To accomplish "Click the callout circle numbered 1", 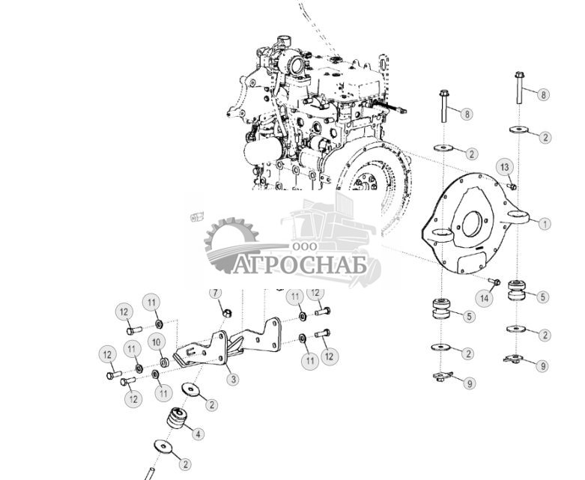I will click(545, 223).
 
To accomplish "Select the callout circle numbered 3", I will click(233, 380).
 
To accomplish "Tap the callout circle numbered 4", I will click(198, 434).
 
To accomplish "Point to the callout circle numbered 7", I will click(215, 293).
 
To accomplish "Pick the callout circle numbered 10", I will click(157, 342).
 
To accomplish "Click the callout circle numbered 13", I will click(505, 166).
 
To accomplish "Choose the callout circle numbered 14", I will click(484, 298).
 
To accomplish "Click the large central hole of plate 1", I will click(473, 222).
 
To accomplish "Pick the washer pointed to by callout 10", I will click(165, 362).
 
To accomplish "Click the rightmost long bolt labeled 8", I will click(519, 90).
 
